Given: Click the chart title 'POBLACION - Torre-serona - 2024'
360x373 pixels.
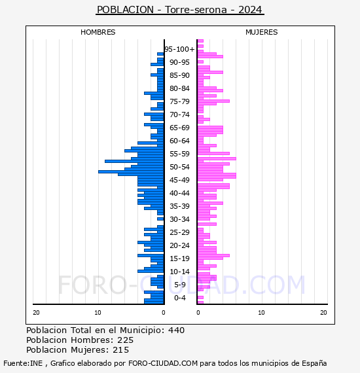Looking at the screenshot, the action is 179,10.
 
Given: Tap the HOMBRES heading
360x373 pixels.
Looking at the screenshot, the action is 98,32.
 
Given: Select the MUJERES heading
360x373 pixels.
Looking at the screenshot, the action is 262,32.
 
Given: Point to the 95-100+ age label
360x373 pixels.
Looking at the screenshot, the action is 179,49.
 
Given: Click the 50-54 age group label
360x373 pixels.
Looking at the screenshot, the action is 179,167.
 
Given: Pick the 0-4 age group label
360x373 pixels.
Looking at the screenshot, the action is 179,298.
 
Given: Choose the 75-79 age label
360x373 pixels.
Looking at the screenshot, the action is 179,101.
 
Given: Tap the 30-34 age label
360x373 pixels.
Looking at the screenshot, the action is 179,219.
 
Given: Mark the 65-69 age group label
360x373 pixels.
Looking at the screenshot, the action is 179,128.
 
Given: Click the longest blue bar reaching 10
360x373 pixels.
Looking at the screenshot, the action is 131,171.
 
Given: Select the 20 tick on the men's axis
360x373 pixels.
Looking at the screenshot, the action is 36,313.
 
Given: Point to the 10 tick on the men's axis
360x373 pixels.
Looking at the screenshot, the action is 98,313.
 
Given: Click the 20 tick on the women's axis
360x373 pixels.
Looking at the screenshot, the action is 323,313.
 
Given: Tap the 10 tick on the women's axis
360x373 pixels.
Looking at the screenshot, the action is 261,313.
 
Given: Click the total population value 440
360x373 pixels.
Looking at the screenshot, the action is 176,330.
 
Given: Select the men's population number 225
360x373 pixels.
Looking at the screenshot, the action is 125,340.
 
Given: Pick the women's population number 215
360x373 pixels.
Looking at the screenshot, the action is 120,350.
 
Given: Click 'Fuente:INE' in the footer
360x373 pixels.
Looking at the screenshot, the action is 23,363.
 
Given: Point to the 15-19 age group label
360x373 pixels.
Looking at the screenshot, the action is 179,258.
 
